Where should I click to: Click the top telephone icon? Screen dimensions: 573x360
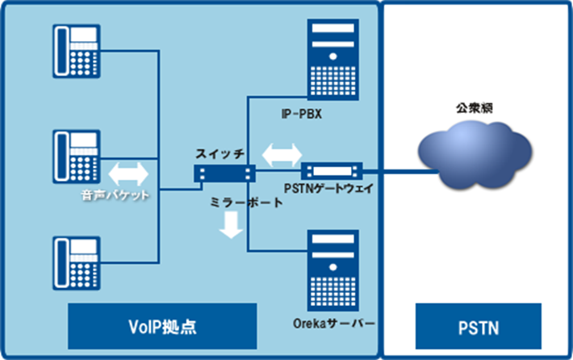point(77,51)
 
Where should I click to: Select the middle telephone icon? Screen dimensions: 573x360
point(77,157)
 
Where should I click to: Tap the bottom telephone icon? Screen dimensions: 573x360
point(77,263)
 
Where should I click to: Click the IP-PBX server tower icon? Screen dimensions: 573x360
point(333,60)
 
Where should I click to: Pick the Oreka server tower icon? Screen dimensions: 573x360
point(333,270)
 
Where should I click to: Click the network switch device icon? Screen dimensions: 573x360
point(224,174)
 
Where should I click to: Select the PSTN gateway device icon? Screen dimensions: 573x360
point(332,171)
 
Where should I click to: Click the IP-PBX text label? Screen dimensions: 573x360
point(302,114)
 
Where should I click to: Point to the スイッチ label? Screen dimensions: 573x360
point(220,154)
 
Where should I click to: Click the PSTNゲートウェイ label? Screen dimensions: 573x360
point(329,189)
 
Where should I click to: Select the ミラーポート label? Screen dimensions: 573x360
point(247,202)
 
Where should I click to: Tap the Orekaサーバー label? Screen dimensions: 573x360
point(334,324)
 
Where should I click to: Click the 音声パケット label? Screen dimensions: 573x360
point(115,195)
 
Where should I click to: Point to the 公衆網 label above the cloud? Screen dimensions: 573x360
point(475,108)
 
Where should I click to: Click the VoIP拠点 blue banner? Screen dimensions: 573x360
point(162,326)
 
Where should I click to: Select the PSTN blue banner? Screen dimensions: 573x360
point(479,326)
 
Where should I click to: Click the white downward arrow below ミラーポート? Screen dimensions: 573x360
point(231,225)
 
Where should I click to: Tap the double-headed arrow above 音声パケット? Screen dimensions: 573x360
point(128,174)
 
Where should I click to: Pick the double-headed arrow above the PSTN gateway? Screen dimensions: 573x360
point(282,155)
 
